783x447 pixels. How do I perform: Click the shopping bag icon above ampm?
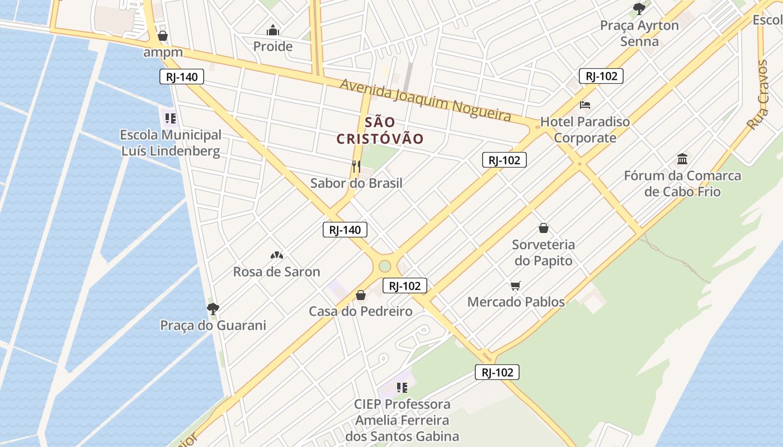coord(163,36)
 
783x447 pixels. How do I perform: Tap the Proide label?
coord(273,46)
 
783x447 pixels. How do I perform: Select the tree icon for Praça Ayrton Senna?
coord(639,9)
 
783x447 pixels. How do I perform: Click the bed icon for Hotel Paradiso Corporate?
coord(585,104)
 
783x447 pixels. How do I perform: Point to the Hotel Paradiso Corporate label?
coord(585,130)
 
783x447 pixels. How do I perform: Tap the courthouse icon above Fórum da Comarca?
coord(682,159)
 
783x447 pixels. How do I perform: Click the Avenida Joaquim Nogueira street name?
coord(425,99)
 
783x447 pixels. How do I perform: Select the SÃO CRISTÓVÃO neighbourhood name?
coord(380,131)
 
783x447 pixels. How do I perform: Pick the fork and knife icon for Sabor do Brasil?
coord(356,166)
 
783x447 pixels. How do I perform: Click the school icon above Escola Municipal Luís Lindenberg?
coord(171,118)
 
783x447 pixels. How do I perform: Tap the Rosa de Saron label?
coord(276,272)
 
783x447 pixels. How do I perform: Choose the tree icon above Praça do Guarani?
coord(213,308)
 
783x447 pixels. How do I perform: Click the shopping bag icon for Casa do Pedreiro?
coord(361,294)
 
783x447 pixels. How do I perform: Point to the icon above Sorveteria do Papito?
coord(543,228)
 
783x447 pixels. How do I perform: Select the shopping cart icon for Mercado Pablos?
coord(516,286)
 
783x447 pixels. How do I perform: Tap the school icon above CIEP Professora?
coord(402,387)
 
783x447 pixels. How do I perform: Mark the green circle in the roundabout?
coord(385,266)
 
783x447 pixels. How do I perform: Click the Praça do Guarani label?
coord(213,325)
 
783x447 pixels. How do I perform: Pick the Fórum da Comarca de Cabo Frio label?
coord(682,184)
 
